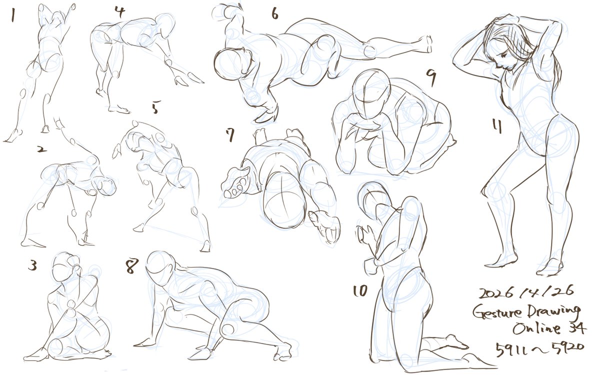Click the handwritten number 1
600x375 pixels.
coord(12,14)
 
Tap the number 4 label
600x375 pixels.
coord(120,12)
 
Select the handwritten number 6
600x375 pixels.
coord(275,13)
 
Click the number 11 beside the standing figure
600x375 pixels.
coord(497,126)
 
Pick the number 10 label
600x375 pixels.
coord(360,291)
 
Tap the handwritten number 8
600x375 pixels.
coord(132,265)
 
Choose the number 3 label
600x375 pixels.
coord(32,265)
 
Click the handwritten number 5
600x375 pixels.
coord(155,107)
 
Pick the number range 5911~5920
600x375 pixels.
coord(539,349)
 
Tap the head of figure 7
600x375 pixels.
coord(284,201)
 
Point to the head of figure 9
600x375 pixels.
coord(371,94)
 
